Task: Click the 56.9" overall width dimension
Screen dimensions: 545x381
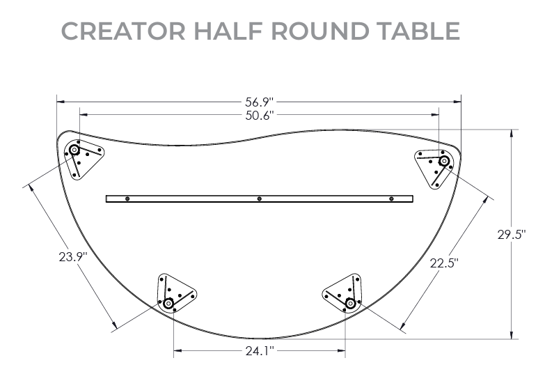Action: [x=259, y=102]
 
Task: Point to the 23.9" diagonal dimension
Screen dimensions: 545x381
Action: [x=73, y=256]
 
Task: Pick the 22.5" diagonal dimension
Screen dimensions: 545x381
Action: [x=443, y=263]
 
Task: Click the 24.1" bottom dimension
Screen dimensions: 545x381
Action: [x=259, y=350]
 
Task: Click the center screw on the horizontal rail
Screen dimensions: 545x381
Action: [x=259, y=199]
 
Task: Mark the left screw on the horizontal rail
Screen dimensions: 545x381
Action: [x=127, y=199]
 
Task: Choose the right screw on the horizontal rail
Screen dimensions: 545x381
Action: [x=391, y=199]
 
